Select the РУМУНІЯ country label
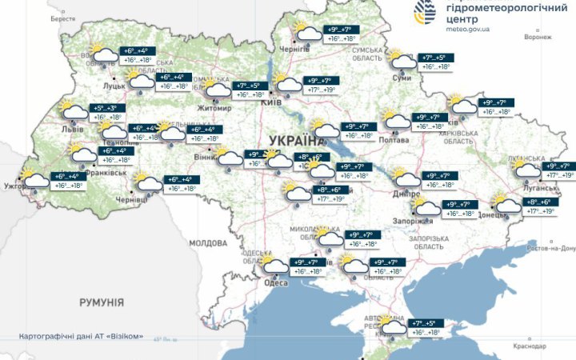click(x=102, y=302)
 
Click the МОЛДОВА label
click(x=209, y=242)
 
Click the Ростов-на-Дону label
click(x=551, y=248)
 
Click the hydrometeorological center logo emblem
click(x=424, y=13)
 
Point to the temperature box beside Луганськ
click(x=560, y=170)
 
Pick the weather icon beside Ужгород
click(x=37, y=179)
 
